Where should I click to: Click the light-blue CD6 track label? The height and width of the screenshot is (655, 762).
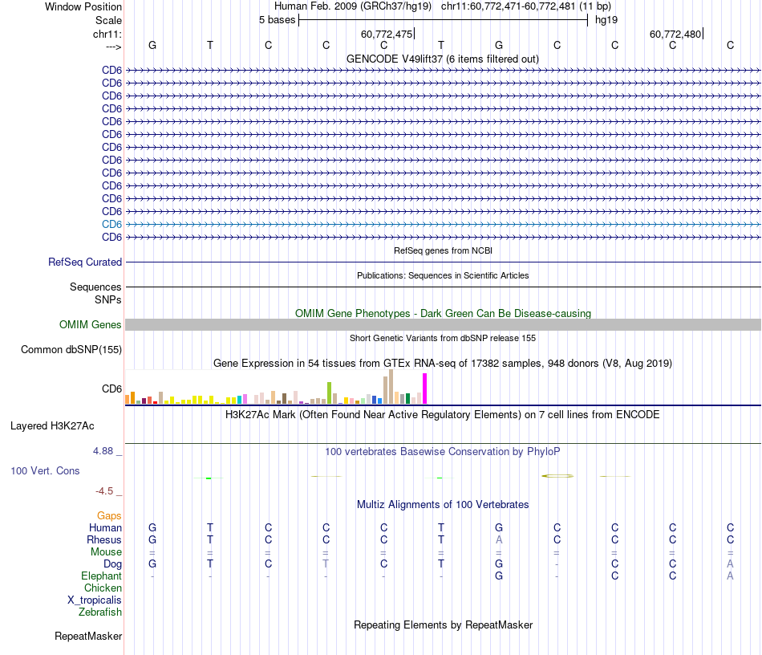click(x=111, y=224)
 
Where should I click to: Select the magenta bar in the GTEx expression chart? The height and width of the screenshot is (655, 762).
click(x=425, y=389)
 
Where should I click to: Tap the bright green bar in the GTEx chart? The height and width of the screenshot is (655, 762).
click(x=329, y=393)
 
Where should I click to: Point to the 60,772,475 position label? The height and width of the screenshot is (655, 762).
click(x=387, y=35)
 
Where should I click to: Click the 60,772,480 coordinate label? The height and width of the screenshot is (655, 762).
click(x=675, y=35)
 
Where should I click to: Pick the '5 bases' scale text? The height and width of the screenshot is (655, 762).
click(x=277, y=20)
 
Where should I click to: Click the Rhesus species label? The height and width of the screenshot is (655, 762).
click(x=104, y=540)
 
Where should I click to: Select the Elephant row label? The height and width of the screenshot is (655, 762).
click(x=102, y=576)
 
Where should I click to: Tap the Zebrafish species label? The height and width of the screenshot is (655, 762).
click(x=100, y=612)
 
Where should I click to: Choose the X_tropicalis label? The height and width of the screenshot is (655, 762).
click(x=95, y=600)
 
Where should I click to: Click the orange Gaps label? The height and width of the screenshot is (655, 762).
click(x=110, y=516)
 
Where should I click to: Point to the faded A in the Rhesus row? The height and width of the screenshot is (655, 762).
click(x=499, y=540)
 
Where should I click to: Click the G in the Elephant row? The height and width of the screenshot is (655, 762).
click(x=499, y=576)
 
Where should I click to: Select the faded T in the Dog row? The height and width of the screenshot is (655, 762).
click(x=326, y=564)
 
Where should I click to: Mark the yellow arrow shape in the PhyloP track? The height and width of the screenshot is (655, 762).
click(x=557, y=477)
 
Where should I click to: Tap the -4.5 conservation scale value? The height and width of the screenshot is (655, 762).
click(x=106, y=491)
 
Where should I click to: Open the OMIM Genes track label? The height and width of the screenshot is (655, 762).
click(x=91, y=325)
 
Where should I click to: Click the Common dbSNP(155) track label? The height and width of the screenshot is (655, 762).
click(x=71, y=350)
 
